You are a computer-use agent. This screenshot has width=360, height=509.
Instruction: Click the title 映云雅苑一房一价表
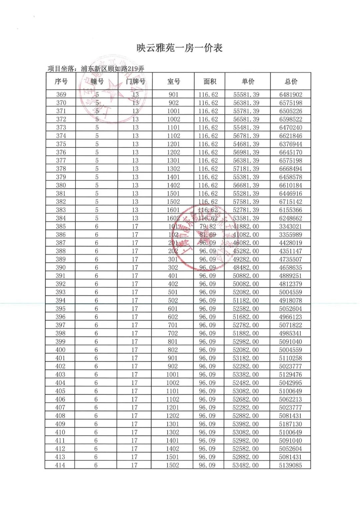(179, 48)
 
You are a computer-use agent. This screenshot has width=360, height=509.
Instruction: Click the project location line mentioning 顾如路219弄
(96, 69)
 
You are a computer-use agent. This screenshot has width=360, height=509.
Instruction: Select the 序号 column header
(61, 81)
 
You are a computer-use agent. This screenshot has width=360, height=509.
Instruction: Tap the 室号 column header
(173, 81)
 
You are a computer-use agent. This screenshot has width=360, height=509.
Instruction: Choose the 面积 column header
(210, 81)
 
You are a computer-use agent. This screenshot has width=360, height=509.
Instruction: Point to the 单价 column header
(248, 81)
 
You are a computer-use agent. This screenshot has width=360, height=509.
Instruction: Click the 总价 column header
(291, 81)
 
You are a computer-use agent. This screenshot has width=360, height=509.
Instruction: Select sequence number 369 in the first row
(61, 95)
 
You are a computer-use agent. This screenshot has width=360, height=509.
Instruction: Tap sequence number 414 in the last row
(60, 465)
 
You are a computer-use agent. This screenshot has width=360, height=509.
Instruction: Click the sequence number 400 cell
(60, 350)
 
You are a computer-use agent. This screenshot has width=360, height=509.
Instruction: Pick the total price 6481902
(291, 95)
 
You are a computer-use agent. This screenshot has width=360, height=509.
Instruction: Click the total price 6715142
(291, 202)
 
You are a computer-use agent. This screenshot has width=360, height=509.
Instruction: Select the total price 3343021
(291, 226)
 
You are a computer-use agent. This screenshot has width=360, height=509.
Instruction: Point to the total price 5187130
(290, 424)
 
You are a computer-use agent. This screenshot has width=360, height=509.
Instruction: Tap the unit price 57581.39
(246, 202)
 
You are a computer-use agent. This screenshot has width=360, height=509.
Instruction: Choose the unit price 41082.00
(246, 235)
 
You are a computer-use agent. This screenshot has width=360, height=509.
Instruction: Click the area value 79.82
(208, 226)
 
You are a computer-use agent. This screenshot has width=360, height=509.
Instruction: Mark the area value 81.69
(208, 235)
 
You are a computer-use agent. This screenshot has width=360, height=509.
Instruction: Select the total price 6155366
(291, 210)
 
